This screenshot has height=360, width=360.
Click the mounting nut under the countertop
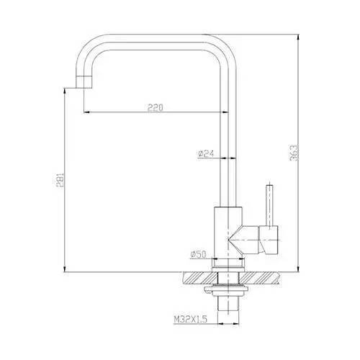(x=228, y=289)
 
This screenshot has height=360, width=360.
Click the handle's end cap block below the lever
(x=270, y=238)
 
